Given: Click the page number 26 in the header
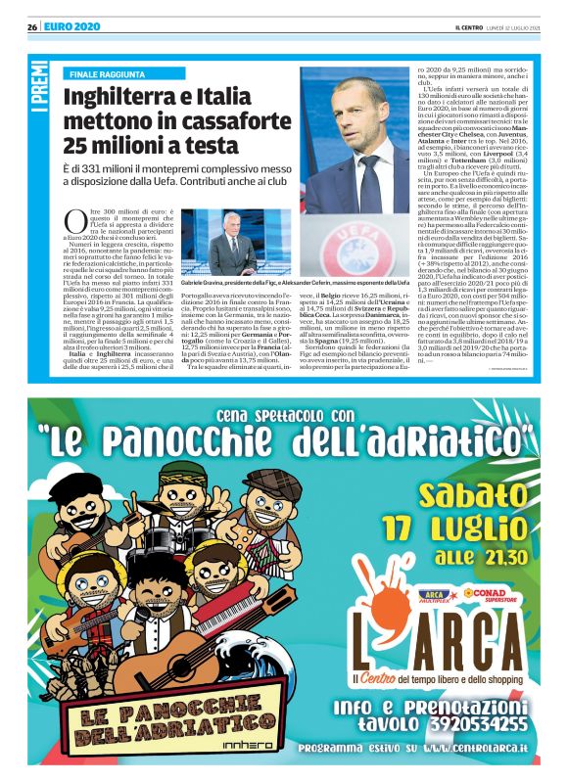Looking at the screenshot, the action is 32,25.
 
